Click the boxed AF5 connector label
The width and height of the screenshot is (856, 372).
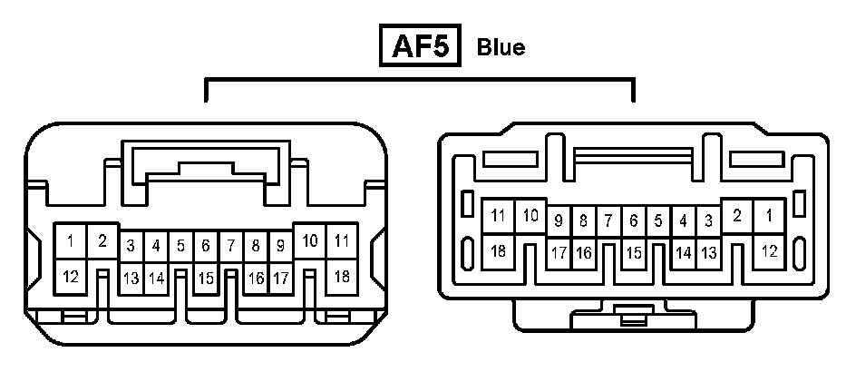point(421,46)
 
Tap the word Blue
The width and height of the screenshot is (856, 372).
point(501,47)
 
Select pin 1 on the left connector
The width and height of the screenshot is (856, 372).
point(71,241)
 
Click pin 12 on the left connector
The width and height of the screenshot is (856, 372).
point(71,274)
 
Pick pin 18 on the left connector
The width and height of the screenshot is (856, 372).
point(342,274)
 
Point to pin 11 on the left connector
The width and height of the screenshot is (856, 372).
point(342,241)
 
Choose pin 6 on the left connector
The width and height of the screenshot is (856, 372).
point(206,245)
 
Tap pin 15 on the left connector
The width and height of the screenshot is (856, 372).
point(206,279)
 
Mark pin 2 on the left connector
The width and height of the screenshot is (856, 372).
point(102,241)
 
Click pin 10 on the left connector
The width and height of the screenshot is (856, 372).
point(310,241)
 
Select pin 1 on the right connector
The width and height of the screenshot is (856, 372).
point(769,216)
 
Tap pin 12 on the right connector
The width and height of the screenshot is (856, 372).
point(769,251)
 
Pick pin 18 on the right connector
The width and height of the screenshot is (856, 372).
point(498,251)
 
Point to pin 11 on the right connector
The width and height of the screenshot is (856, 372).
point(498,216)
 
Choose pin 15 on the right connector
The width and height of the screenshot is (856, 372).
point(634,253)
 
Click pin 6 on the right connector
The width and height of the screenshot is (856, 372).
point(634,220)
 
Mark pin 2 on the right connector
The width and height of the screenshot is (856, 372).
point(737,216)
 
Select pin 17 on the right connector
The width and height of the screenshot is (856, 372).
point(559,253)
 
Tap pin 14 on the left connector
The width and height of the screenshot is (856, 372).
point(156,279)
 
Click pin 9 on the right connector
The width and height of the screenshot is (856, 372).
point(559,220)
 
